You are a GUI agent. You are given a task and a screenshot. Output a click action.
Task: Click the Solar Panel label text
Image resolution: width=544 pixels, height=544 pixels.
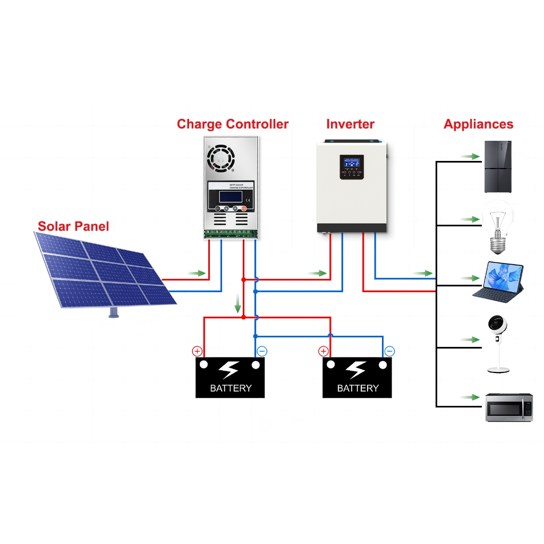click(x=73, y=226)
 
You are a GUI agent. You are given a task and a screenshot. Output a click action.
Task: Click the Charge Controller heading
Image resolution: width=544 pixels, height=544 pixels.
click(x=232, y=124)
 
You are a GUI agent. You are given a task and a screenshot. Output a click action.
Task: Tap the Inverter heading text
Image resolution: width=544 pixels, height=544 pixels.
click(x=350, y=124)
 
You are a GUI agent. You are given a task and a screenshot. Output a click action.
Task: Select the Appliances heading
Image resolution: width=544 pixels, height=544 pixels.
click(x=478, y=124)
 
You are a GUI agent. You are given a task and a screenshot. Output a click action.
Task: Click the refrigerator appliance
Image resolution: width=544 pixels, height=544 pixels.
click(x=497, y=166)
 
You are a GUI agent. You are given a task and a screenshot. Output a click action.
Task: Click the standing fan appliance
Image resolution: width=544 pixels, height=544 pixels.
click(x=498, y=343)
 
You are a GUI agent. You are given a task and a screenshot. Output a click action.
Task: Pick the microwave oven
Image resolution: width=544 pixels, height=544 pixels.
click(x=509, y=407)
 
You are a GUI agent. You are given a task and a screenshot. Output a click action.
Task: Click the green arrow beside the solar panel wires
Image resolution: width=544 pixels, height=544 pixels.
click(x=197, y=273)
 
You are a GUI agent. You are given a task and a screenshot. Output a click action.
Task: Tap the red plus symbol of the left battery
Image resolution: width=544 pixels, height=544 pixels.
click(x=197, y=351)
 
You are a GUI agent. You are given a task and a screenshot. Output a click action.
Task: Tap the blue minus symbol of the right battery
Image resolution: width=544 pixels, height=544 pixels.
click(x=389, y=351)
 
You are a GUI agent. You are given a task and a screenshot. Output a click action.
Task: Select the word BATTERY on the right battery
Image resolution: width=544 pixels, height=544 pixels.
click(x=357, y=388)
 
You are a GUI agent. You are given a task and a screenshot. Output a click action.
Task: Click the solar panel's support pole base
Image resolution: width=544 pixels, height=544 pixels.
click(x=113, y=313)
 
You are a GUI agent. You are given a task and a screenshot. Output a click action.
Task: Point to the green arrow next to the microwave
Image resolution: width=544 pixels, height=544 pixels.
click(x=469, y=397)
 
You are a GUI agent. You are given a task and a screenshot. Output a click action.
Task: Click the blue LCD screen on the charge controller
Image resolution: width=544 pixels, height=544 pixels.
click(x=231, y=195)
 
